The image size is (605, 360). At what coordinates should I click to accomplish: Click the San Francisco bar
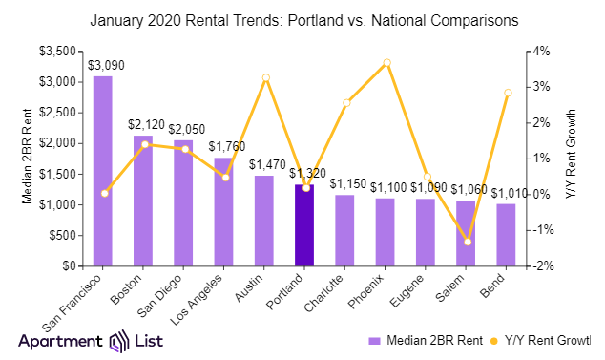[102, 171]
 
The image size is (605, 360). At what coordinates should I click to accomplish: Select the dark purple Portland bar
[303, 225]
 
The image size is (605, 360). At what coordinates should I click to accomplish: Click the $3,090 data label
[104, 65]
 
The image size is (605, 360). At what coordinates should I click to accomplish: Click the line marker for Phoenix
[386, 63]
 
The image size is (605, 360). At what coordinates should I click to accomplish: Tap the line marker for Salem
[467, 242]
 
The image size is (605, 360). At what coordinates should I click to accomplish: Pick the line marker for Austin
[265, 77]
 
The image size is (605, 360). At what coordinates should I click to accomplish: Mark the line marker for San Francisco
[104, 193]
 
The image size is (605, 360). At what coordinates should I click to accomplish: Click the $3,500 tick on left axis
[65, 51]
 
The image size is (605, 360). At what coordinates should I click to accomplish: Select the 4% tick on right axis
[539, 51]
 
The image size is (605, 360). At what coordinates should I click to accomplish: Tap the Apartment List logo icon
[119, 342]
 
